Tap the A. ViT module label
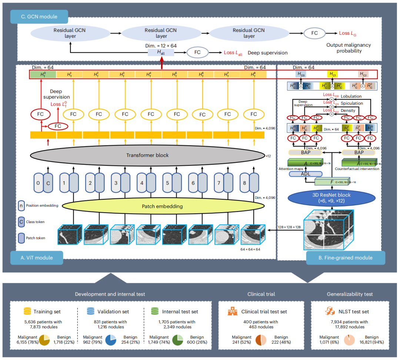pos(37,258)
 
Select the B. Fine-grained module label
pos(346,258)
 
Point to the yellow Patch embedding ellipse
pos(162,206)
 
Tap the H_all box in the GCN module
pos(161,53)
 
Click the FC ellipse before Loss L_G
pos(314,33)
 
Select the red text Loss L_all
pos(233,53)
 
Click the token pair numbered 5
pos(172,183)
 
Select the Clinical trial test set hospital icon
pos(232,311)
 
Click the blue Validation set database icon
pos(91,311)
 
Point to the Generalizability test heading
pos(350,294)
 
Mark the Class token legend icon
pos(21,221)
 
